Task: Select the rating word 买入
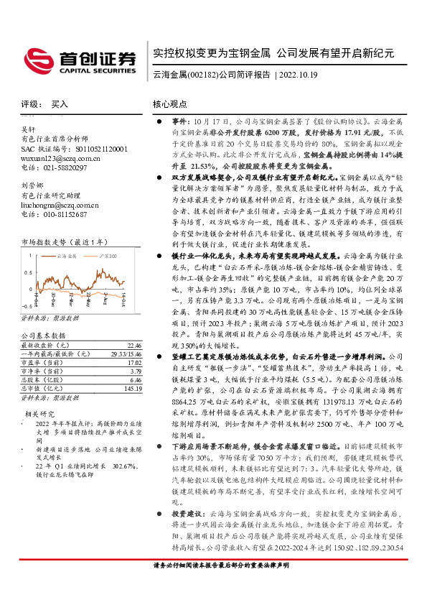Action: pyautogui.click(x=60, y=104)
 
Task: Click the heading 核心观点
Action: pyautogui.click(x=170, y=104)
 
